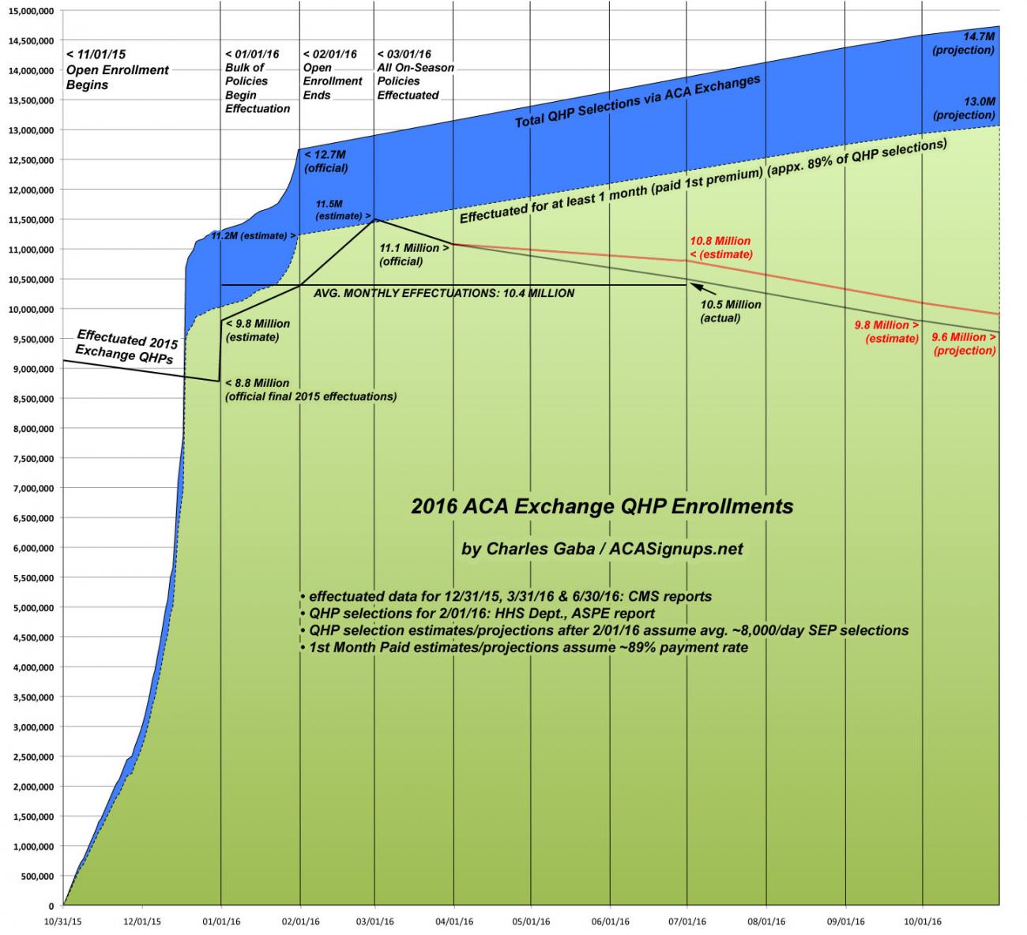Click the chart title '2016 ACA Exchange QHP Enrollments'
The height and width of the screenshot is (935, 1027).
click(x=602, y=506)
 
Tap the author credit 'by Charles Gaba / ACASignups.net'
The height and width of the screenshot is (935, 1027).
click(x=602, y=548)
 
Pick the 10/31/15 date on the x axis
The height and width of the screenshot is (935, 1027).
click(x=62, y=921)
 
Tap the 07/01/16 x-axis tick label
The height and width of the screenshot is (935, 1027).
click(x=687, y=921)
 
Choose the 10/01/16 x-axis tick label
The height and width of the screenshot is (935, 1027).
click(x=922, y=921)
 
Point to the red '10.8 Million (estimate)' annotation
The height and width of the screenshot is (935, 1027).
click(x=720, y=247)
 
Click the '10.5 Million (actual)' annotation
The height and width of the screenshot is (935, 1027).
click(x=731, y=311)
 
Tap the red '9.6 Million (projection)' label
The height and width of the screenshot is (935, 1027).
click(x=964, y=344)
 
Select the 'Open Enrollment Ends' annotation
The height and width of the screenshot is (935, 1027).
click(x=333, y=74)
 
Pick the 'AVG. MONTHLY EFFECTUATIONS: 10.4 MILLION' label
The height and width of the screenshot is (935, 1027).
click(x=444, y=293)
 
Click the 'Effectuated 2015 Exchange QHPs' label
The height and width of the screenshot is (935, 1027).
click(x=126, y=346)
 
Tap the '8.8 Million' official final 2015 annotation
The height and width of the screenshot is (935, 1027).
click(x=311, y=389)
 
